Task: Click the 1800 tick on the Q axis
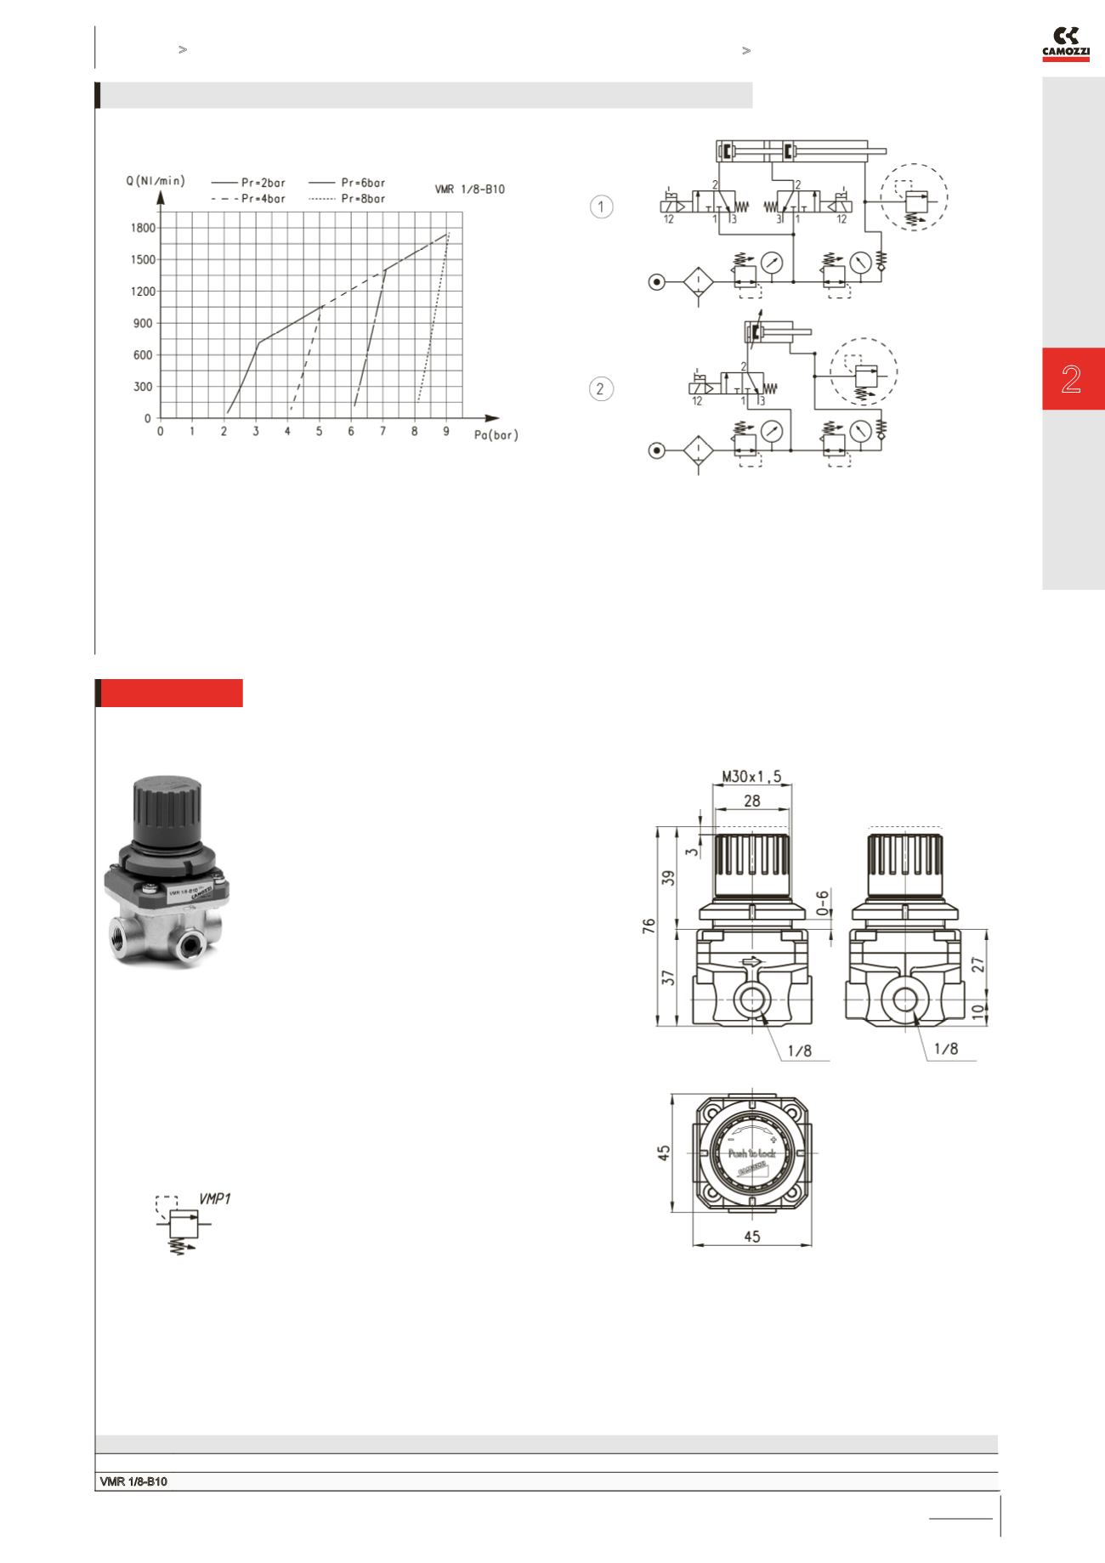[x=142, y=228]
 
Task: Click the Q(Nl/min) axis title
[x=155, y=180]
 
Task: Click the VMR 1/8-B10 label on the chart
[x=469, y=189]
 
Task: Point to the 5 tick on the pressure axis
[x=320, y=432]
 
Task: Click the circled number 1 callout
[x=601, y=207]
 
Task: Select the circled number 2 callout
[x=601, y=389]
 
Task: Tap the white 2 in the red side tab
[x=1071, y=379]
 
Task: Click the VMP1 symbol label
[x=214, y=1198]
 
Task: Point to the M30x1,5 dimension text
[x=751, y=776]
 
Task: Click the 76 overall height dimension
[x=649, y=926]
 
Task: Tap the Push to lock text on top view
[x=752, y=1153]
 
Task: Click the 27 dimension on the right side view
[x=977, y=965]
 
